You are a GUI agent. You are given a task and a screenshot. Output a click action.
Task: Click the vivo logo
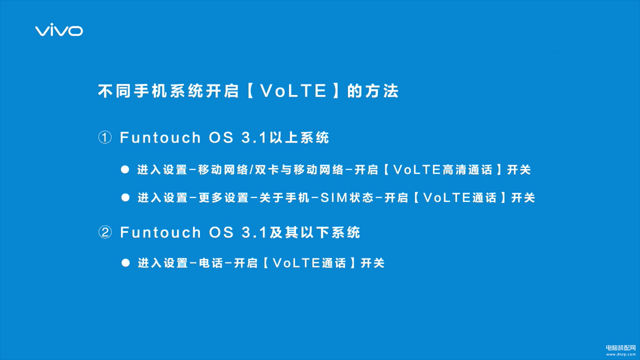pyautogui.click(x=59, y=30)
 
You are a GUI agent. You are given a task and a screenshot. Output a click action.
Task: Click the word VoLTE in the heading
pyautogui.click(x=294, y=91)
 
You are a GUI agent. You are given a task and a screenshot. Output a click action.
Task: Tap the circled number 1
pyautogui.click(x=105, y=137)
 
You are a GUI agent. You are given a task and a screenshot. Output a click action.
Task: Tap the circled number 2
pyautogui.click(x=105, y=232)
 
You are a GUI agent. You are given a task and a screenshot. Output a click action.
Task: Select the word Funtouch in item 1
pyautogui.click(x=160, y=137)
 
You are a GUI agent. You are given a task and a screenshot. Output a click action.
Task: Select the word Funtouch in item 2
pyautogui.click(x=160, y=232)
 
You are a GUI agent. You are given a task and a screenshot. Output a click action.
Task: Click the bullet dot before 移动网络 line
pyautogui.click(x=125, y=169)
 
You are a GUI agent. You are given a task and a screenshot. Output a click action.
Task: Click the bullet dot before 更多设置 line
pyautogui.click(x=125, y=197)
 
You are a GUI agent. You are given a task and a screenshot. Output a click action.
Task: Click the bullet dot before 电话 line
pyautogui.click(x=125, y=263)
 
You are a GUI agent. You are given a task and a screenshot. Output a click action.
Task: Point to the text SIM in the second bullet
pyautogui.click(x=334, y=198)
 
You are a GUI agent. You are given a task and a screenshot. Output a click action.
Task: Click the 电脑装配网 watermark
pyautogui.click(x=621, y=348)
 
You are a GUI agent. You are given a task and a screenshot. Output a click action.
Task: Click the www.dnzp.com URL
pyautogui.click(x=621, y=354)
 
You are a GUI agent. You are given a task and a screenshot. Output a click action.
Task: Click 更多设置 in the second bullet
pyautogui.click(x=224, y=198)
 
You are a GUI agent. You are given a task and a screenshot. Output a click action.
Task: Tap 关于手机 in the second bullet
pyautogui.click(x=284, y=198)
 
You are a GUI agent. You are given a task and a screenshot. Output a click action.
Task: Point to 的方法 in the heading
pyautogui.click(x=373, y=91)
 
